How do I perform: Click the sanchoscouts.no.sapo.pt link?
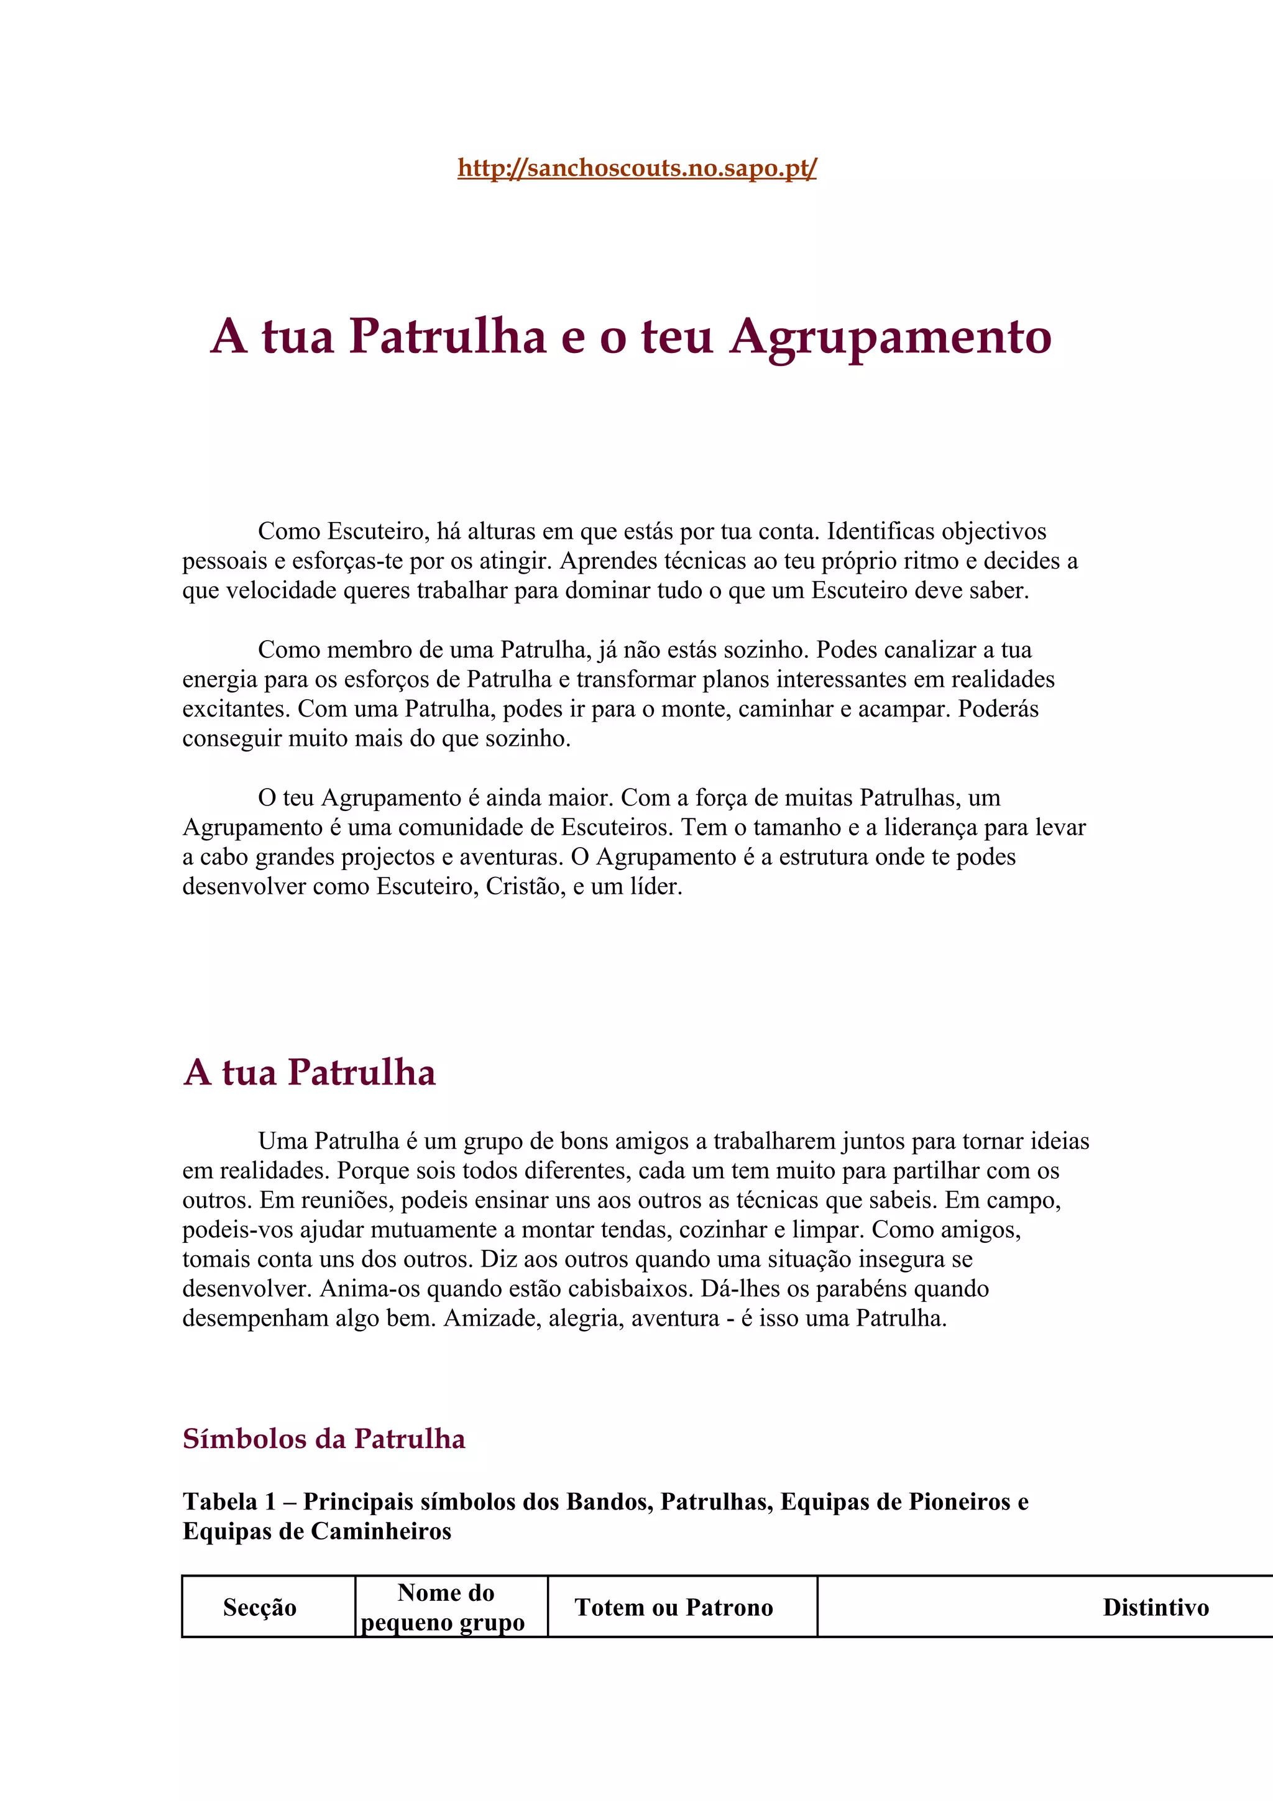tap(637, 168)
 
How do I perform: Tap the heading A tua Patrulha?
tap(309, 1072)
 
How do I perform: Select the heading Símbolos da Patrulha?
tap(324, 1439)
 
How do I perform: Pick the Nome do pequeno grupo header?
tap(444, 1607)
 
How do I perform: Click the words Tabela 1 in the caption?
tap(229, 1501)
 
